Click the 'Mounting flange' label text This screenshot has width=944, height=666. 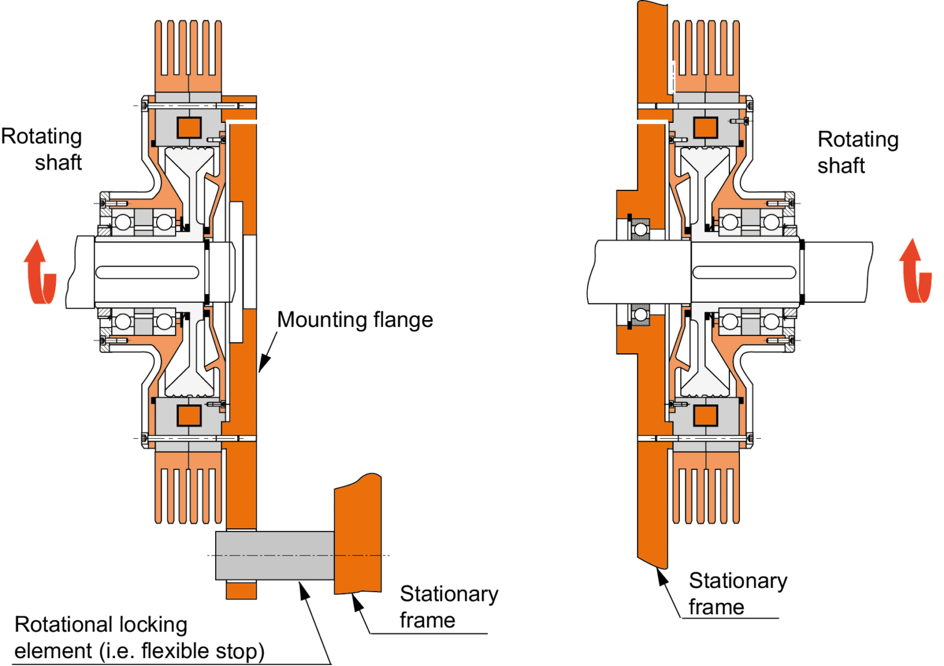(355, 320)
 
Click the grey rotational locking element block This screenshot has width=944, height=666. (275, 555)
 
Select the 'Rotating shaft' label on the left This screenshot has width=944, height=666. (41, 149)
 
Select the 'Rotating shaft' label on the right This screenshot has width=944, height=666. (858, 152)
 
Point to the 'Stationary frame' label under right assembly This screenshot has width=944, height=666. (738, 594)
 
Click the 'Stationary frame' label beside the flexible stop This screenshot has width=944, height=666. (449, 607)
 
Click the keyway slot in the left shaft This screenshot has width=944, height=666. (147, 272)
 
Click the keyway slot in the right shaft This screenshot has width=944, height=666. (744, 272)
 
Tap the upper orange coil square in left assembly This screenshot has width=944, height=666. (189, 127)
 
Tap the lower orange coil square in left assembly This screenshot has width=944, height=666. (189, 416)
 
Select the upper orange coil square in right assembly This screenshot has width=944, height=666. (706, 127)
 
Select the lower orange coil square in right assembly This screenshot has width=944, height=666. (706, 416)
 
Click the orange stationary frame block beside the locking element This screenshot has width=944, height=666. (358, 534)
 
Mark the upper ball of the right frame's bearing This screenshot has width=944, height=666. (640, 230)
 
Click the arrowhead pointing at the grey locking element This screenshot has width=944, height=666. (304, 590)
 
